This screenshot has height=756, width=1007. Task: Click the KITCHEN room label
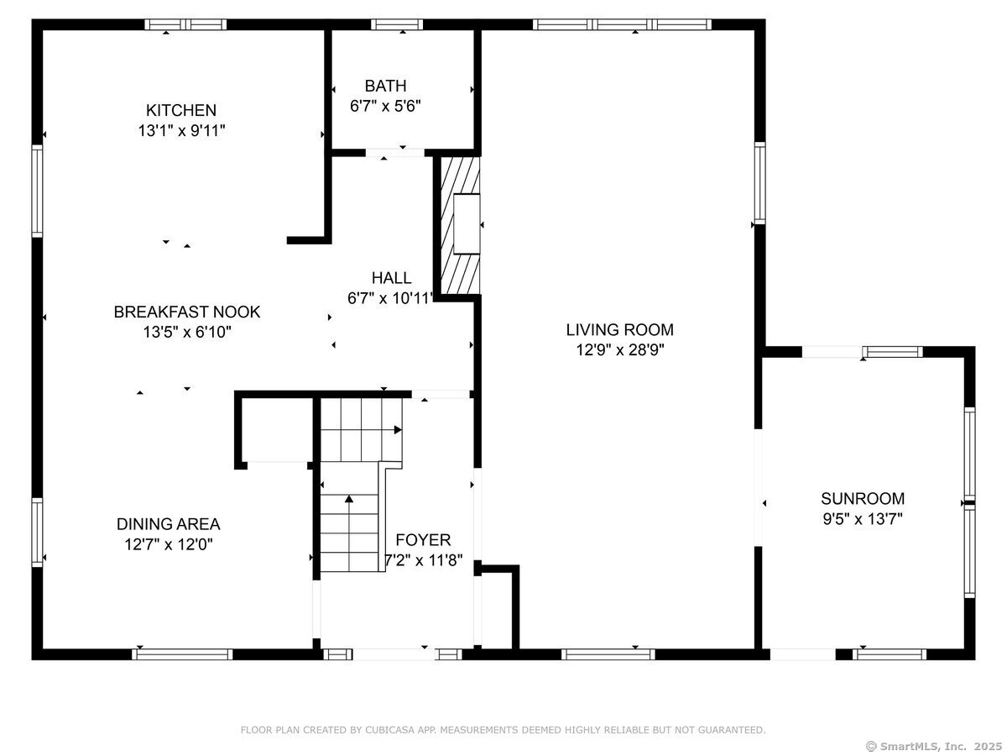click(x=181, y=110)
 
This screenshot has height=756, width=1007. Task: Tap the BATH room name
click(x=385, y=86)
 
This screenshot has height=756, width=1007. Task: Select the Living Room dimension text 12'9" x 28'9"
click(x=620, y=350)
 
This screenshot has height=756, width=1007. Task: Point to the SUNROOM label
click(x=863, y=498)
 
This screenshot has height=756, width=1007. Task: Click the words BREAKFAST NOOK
click(x=187, y=312)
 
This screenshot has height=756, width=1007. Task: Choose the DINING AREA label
click(x=169, y=523)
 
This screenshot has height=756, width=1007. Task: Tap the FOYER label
click(x=423, y=540)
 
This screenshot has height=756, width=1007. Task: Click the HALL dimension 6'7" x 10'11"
click(x=390, y=298)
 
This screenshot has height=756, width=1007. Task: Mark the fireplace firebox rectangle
click(x=467, y=224)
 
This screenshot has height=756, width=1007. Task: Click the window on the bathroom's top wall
click(x=397, y=24)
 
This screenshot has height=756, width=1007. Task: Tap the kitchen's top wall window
click(x=185, y=24)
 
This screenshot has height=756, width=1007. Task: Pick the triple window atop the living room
click(x=622, y=24)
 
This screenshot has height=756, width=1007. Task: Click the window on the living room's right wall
click(x=760, y=182)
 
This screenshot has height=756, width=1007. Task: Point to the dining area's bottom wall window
click(x=182, y=654)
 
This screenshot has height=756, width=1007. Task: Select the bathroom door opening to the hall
click(x=395, y=153)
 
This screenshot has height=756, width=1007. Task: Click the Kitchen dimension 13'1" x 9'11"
click(x=181, y=131)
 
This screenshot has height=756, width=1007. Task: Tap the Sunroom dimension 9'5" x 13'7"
click(x=863, y=519)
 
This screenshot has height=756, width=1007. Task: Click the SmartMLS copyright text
click(x=934, y=747)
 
